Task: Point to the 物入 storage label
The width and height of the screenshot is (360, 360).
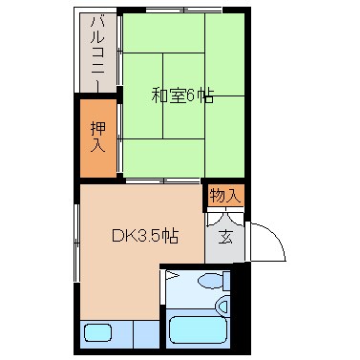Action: click(x=224, y=196)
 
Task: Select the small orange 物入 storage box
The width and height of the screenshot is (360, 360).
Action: click(x=224, y=196)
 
